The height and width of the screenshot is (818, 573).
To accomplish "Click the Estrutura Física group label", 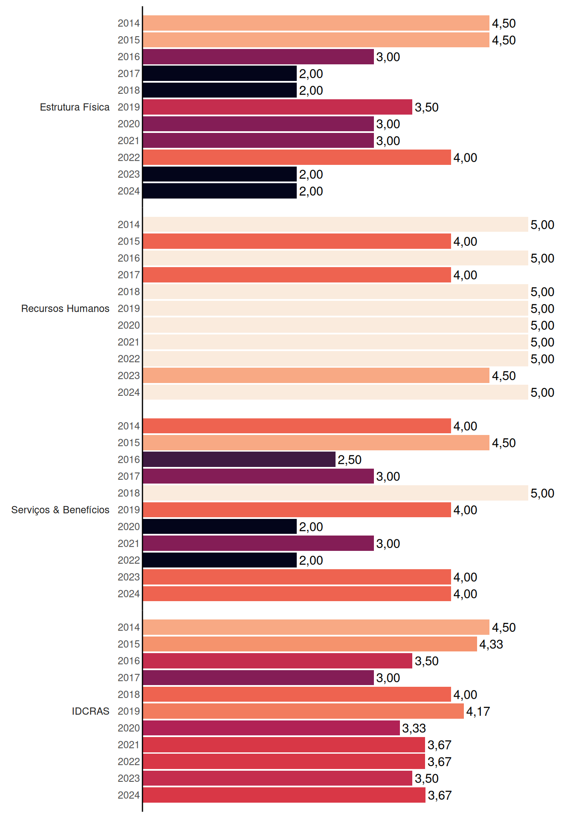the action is pyautogui.click(x=75, y=107).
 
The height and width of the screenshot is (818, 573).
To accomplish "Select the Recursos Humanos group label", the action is pyautogui.click(x=65, y=308).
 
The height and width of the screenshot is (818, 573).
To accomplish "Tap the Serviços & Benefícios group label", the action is pyautogui.click(x=60, y=510).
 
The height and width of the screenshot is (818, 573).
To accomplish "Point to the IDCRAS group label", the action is pyautogui.click(x=90, y=711).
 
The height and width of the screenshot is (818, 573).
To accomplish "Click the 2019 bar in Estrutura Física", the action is pyautogui.click(x=278, y=107).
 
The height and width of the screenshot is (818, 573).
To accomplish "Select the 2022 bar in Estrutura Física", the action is pyautogui.click(x=297, y=157).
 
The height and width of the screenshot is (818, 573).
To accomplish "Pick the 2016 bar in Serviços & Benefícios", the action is pyautogui.click(x=239, y=459).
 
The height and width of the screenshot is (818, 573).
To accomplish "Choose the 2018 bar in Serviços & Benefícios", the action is pyautogui.click(x=336, y=493).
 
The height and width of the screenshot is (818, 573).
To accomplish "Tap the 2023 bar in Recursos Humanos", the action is pyautogui.click(x=316, y=375).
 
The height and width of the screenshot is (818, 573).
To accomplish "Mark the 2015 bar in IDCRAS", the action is pyautogui.click(x=310, y=644).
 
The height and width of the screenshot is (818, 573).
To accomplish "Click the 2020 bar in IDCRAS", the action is pyautogui.click(x=271, y=728).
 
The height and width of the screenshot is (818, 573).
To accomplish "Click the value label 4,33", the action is pyautogui.click(x=491, y=644).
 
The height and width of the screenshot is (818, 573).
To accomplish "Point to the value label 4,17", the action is pyautogui.click(x=478, y=711).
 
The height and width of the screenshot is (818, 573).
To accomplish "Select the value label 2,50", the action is pyautogui.click(x=350, y=460).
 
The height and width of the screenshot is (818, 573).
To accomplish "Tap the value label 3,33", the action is pyautogui.click(x=414, y=728).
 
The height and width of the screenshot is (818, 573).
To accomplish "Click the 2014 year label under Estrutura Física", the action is pyautogui.click(x=129, y=23).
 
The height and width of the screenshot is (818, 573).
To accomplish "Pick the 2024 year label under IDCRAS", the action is pyautogui.click(x=129, y=795).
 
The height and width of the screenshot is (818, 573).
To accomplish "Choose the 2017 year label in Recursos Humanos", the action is pyautogui.click(x=129, y=275).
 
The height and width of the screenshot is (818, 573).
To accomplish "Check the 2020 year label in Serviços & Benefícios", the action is pyautogui.click(x=129, y=527).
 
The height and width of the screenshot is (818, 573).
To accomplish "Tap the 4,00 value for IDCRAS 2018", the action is pyautogui.click(x=465, y=695).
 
